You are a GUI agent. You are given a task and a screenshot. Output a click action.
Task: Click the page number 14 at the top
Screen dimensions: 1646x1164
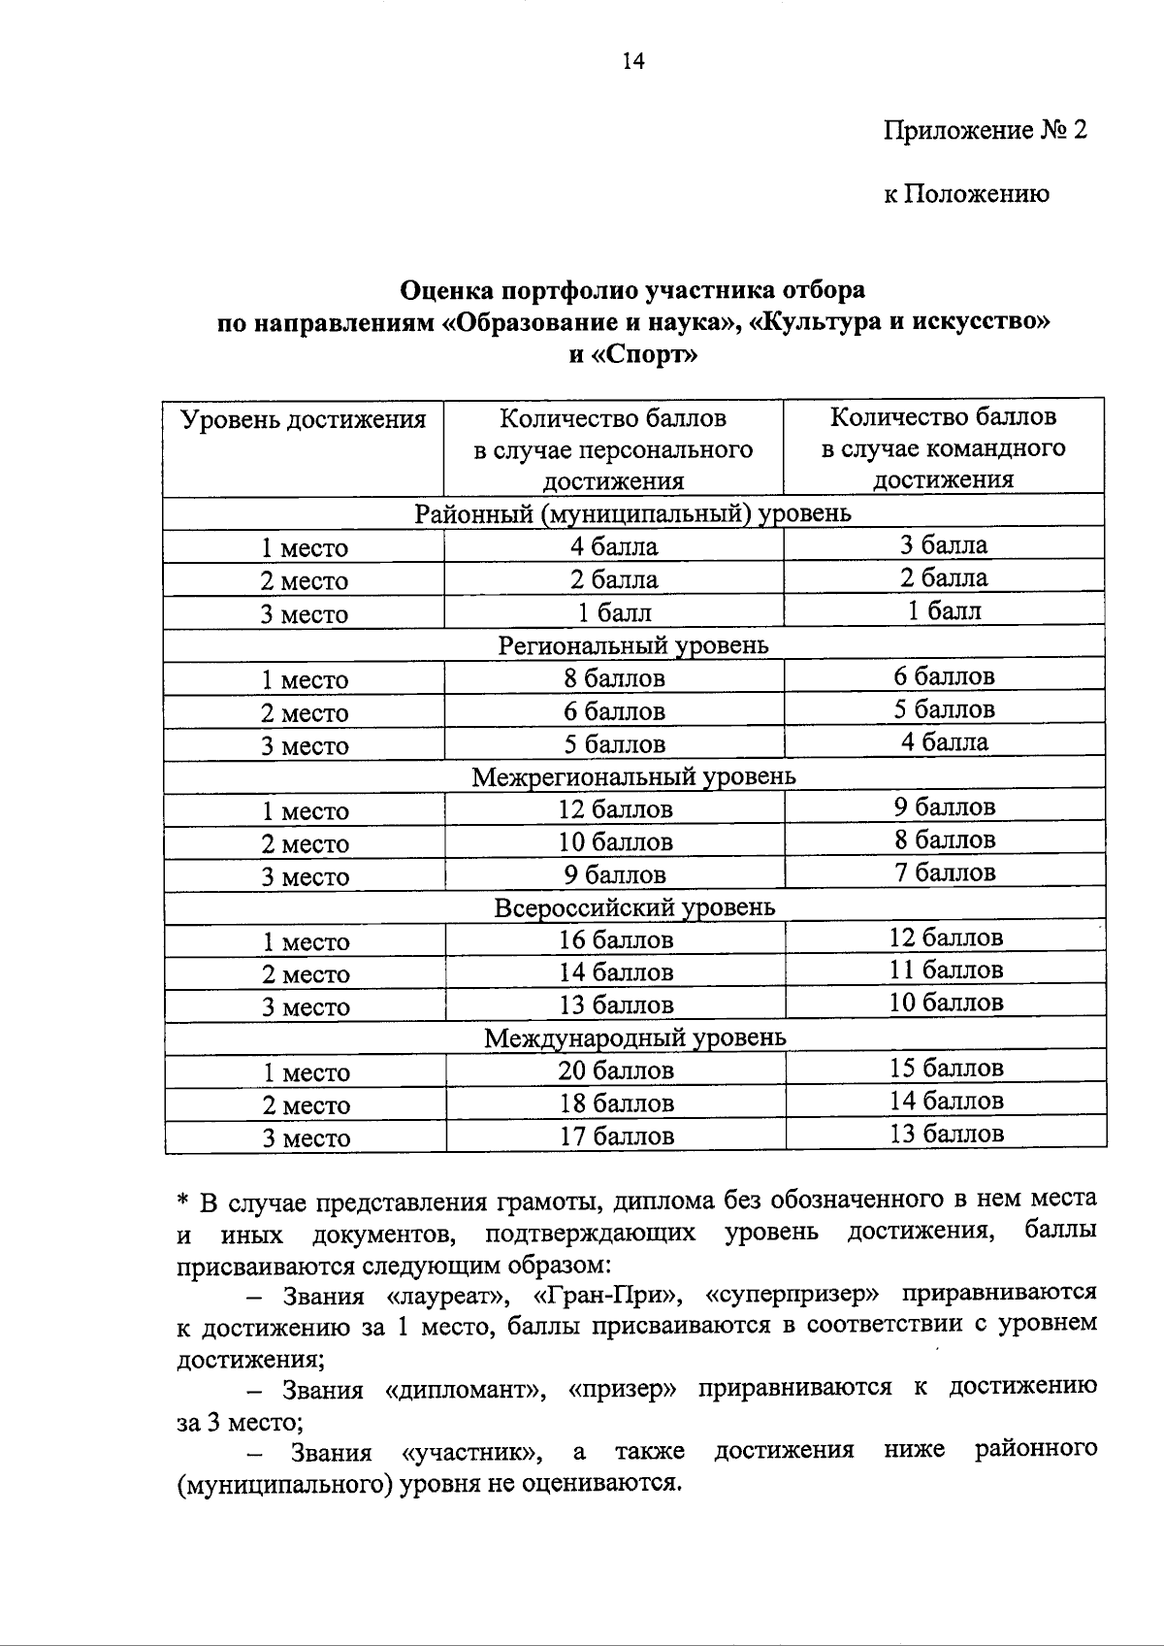(x=632, y=62)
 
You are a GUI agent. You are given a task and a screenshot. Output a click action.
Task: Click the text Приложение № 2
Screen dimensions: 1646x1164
(x=985, y=130)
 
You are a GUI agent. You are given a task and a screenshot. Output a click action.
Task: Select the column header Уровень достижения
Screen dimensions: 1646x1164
(x=304, y=419)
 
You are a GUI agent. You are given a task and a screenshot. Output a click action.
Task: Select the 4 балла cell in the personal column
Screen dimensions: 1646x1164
(x=613, y=546)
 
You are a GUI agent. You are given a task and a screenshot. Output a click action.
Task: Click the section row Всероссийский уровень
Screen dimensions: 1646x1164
(x=634, y=907)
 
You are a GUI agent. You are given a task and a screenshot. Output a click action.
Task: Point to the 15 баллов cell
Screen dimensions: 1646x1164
(x=946, y=1068)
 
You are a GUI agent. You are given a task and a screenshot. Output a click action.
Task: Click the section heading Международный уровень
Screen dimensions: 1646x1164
(x=635, y=1037)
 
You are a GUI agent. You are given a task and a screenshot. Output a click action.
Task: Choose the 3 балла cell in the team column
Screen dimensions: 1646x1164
(x=943, y=544)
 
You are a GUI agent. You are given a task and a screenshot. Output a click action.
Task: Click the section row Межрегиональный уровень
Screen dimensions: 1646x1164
(x=633, y=776)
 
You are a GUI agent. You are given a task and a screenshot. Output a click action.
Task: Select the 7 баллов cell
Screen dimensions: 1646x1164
(x=945, y=872)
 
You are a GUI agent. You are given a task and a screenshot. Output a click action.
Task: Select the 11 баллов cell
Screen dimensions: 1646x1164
(x=946, y=970)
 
